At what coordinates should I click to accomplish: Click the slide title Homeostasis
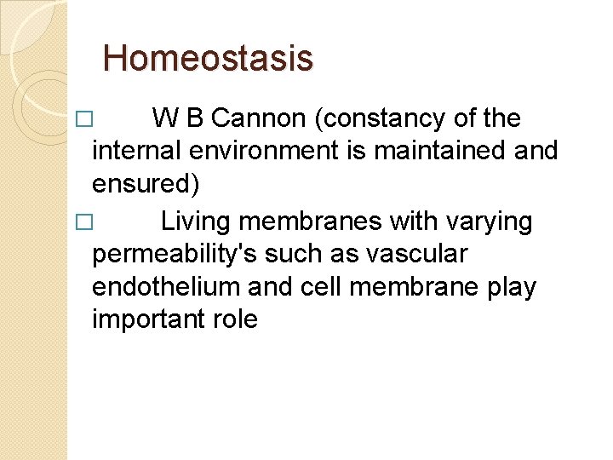click(x=208, y=59)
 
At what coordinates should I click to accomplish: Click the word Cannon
click(x=260, y=118)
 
